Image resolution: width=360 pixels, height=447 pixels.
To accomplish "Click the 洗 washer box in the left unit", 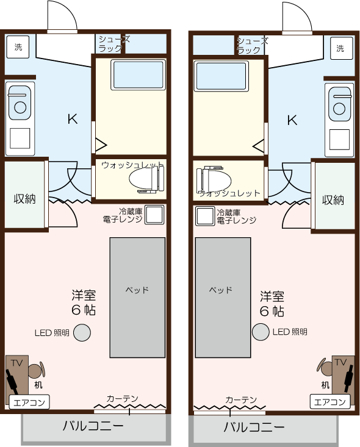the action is click(x=18, y=47).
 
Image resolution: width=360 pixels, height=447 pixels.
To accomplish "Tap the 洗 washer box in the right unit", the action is click(x=342, y=48).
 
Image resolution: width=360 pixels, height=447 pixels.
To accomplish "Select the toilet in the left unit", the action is click(x=146, y=179).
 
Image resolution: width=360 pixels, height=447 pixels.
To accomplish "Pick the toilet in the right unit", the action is click(x=214, y=180).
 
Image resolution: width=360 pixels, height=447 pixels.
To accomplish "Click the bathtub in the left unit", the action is click(x=139, y=74).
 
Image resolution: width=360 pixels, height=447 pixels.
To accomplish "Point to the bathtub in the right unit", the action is click(x=221, y=76).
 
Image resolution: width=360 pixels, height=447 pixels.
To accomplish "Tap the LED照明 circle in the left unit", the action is click(x=82, y=333).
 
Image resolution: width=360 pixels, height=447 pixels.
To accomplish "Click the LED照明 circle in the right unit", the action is click(x=261, y=332).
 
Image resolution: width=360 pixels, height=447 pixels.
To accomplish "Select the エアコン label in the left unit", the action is click(x=29, y=402).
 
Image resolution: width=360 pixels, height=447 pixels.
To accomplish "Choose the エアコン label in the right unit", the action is click(x=330, y=402).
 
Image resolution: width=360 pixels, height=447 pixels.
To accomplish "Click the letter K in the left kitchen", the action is click(x=73, y=119).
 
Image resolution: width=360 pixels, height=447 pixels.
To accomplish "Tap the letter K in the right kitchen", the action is click(x=292, y=120).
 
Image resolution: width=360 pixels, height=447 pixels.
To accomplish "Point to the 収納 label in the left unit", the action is click(x=25, y=199).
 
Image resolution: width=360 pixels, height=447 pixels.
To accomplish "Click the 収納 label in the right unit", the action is click(x=333, y=200).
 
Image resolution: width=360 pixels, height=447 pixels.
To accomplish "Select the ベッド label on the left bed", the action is click(x=137, y=290).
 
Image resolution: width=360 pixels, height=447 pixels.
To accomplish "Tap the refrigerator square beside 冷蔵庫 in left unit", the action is click(x=154, y=215).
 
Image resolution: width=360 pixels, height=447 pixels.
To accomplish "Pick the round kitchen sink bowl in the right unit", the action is click(x=339, y=109).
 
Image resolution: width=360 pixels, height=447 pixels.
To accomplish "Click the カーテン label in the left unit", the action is click(x=123, y=399).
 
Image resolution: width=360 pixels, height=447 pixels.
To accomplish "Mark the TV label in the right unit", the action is click(x=340, y=362).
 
